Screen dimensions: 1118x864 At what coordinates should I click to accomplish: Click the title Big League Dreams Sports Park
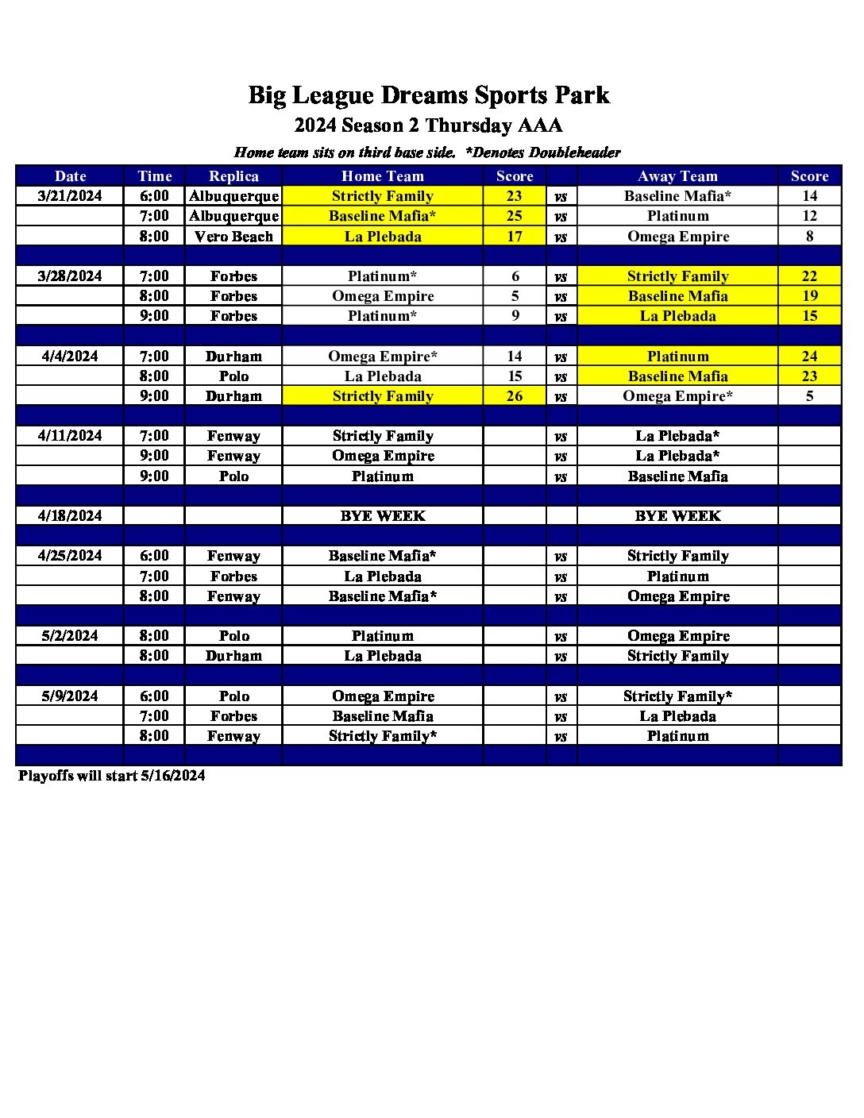click(x=429, y=95)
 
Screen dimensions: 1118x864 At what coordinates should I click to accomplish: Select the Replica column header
click(x=233, y=176)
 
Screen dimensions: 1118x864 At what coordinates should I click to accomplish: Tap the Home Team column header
click(x=383, y=176)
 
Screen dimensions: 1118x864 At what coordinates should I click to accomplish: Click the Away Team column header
click(x=677, y=176)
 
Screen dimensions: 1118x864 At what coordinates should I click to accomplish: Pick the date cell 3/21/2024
click(x=70, y=196)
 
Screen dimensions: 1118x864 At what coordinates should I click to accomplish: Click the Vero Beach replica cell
click(x=233, y=237)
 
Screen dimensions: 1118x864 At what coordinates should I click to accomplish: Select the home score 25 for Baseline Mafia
click(x=515, y=216)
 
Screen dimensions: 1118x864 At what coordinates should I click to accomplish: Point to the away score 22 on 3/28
click(x=809, y=276)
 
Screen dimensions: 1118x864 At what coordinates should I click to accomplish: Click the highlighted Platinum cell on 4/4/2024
click(x=677, y=357)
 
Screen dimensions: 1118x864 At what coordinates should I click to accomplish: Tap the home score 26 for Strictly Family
click(x=515, y=396)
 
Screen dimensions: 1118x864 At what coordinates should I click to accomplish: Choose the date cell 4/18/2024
click(x=70, y=516)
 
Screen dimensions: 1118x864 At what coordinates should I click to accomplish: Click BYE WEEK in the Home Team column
click(x=383, y=516)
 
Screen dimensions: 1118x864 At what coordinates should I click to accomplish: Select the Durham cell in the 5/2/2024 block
click(x=233, y=656)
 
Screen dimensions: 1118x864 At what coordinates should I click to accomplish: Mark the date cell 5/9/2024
click(x=70, y=696)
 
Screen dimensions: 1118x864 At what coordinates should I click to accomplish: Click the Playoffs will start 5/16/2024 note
click(x=112, y=776)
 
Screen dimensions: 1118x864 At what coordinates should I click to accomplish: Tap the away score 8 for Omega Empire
click(x=809, y=237)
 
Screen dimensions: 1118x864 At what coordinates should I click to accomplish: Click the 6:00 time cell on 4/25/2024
click(x=154, y=556)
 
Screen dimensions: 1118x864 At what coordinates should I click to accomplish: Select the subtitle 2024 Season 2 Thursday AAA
click(x=429, y=125)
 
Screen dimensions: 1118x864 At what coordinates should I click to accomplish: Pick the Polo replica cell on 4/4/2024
click(x=233, y=376)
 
